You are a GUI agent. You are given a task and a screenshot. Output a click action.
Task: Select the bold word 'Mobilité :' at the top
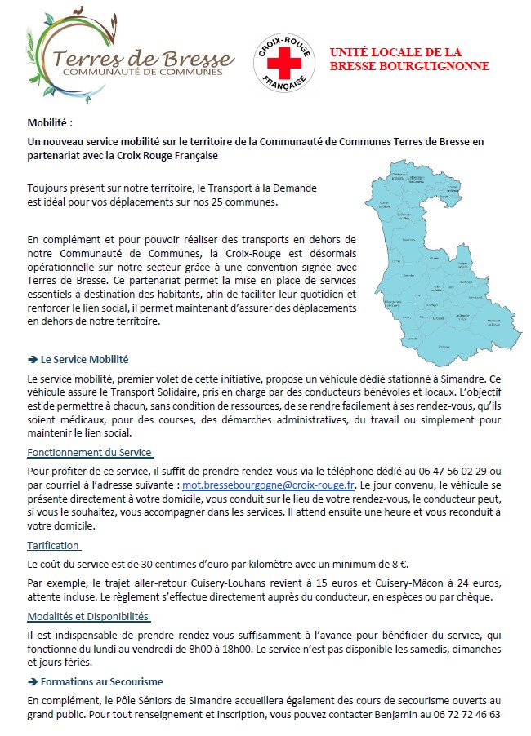pos(50,124)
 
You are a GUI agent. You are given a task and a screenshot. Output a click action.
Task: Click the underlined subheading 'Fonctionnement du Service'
pos(90,452)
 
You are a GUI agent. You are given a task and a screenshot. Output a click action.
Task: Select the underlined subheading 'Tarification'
pos(53,545)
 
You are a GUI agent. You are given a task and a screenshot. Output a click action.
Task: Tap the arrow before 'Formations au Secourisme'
pos(32,681)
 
